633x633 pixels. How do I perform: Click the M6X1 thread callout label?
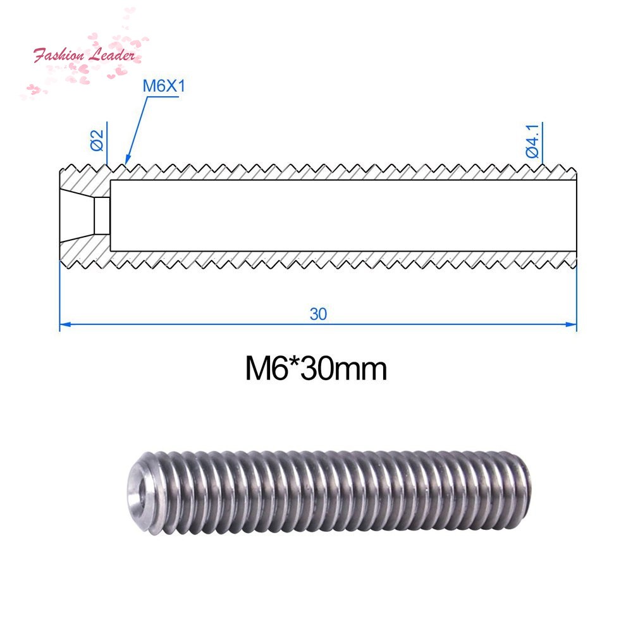[163, 86]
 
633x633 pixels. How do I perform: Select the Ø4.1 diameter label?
[531, 142]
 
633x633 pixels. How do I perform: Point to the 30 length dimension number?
[318, 314]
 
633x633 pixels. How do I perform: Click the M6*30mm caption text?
[316, 369]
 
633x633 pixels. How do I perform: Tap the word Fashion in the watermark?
[59, 55]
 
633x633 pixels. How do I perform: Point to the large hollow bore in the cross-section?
[341, 215]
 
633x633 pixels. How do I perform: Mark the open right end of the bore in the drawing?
[575, 215]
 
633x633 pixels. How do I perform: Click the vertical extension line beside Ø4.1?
[543, 145]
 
